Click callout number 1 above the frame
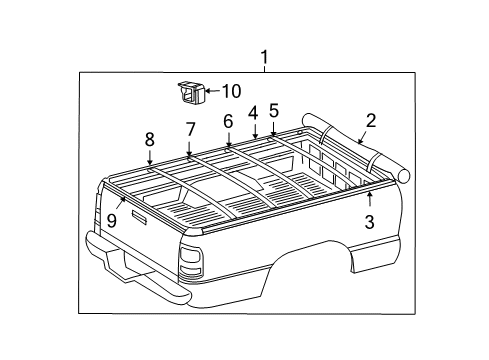coord(265,56)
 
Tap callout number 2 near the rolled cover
coord(371,121)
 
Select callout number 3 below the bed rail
coord(369,223)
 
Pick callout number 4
coord(253,113)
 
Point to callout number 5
coord(273,111)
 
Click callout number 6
coord(228,121)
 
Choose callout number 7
coord(189,129)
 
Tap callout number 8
coord(149,139)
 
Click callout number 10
coord(230,91)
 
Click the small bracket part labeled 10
coord(190,92)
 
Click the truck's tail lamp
coord(191,263)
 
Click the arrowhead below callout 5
coord(272,132)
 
